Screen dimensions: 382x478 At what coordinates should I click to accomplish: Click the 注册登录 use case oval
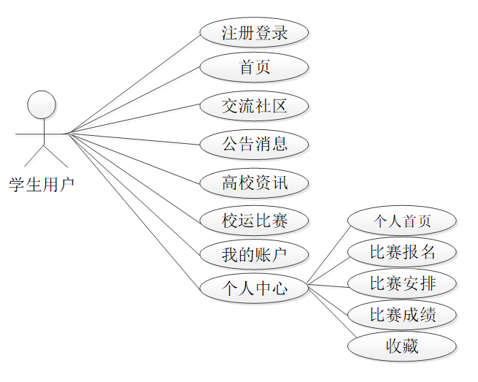[x=255, y=32]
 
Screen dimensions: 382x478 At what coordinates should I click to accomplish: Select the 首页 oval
[x=255, y=67]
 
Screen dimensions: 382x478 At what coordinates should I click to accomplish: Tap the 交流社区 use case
[x=255, y=106]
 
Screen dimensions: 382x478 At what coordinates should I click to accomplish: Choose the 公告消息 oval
[x=255, y=143]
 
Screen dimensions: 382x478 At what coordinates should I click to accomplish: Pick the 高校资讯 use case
[x=255, y=182]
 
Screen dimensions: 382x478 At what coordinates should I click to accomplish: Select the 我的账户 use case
[x=255, y=254]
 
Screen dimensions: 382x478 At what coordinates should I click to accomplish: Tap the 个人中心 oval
[x=255, y=289]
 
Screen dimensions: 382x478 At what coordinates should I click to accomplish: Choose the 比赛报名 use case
[x=402, y=253]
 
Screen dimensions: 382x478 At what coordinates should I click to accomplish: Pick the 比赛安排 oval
[x=402, y=283]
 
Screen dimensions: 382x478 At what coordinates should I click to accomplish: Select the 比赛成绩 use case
[x=402, y=316]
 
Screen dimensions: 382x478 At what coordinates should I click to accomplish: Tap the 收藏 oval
[x=402, y=346]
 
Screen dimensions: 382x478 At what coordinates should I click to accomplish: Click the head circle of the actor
[x=42, y=104]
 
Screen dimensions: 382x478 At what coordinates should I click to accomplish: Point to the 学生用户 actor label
[x=42, y=185]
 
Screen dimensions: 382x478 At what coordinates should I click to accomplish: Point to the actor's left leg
[x=34, y=155]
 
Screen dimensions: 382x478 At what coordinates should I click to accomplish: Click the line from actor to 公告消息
[x=134, y=138]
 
